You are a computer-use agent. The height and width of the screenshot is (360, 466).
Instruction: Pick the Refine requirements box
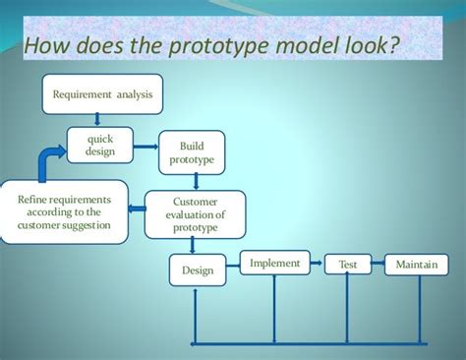pyautogui.click(x=64, y=212)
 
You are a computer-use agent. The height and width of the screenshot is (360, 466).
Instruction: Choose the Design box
pyautogui.click(x=198, y=270)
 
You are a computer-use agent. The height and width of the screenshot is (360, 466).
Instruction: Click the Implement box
pyautogui.click(x=274, y=264)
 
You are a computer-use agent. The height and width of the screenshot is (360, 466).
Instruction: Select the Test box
pyautogui.click(x=348, y=265)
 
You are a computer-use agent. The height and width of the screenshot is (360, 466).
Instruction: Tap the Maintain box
pyautogui.click(x=416, y=265)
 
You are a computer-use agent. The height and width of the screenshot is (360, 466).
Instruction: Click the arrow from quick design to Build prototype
pyautogui.click(x=146, y=148)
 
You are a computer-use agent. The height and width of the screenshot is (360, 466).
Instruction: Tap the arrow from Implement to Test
pyautogui.click(x=317, y=264)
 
